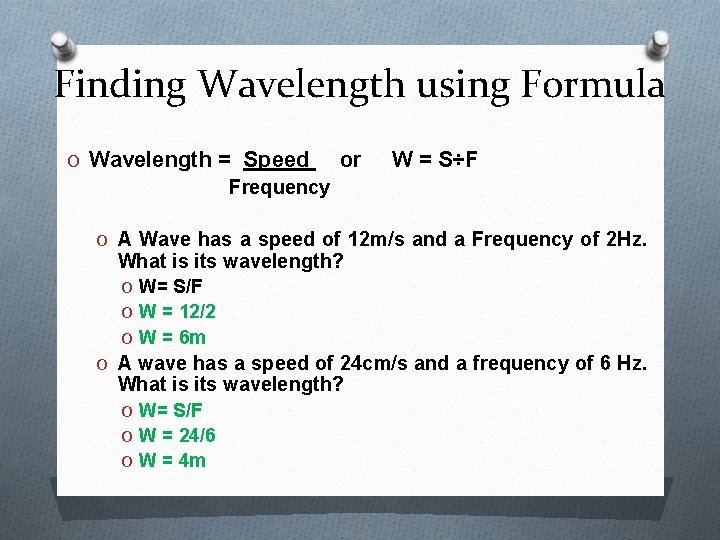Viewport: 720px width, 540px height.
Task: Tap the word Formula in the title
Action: tap(592, 84)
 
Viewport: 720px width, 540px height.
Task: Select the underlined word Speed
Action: tap(278, 160)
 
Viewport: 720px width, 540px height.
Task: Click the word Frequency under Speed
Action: tap(278, 187)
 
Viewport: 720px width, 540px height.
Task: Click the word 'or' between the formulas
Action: tap(350, 159)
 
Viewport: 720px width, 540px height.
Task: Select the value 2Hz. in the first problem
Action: tap(627, 240)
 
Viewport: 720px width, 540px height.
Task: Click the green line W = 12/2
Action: tap(177, 312)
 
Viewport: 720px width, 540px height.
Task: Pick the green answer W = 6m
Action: tap(172, 337)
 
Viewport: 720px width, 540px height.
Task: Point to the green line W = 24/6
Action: tap(177, 435)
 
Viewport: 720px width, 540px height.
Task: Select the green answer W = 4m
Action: tap(172, 460)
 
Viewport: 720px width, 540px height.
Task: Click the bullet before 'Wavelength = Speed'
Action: tap(74, 160)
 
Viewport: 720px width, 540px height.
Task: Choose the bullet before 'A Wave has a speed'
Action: tap(103, 240)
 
